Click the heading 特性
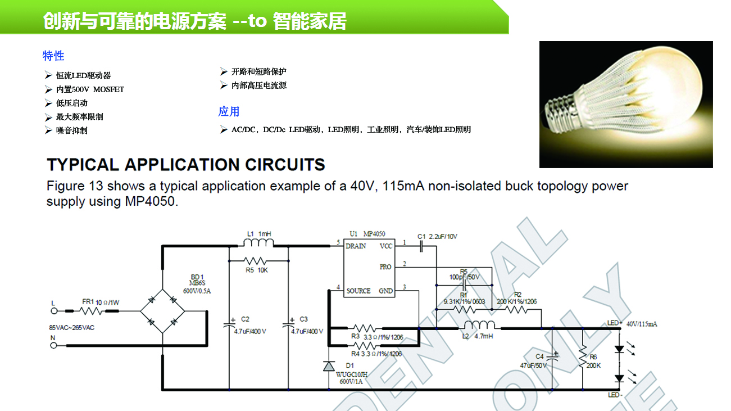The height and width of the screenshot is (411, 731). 53,56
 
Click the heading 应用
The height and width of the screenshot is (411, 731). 229,111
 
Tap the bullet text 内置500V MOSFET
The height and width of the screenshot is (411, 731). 90,89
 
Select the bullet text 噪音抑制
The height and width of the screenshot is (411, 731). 71,130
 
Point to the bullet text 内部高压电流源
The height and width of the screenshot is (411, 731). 259,85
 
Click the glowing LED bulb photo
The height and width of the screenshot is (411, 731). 625,104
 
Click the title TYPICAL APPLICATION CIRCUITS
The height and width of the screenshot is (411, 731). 186,165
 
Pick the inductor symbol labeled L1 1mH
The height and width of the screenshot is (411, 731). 258,243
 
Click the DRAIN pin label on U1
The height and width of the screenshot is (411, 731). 356,246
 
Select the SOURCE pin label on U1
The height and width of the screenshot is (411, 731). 358,291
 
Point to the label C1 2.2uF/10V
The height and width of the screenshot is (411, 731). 437,237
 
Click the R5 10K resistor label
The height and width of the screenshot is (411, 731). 258,270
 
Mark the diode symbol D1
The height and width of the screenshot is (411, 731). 329,366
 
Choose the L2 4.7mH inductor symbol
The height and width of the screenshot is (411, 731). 478,326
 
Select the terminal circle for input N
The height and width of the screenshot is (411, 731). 54,345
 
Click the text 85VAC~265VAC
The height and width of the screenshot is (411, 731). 72,327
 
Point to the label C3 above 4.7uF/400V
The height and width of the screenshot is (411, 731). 303,319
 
